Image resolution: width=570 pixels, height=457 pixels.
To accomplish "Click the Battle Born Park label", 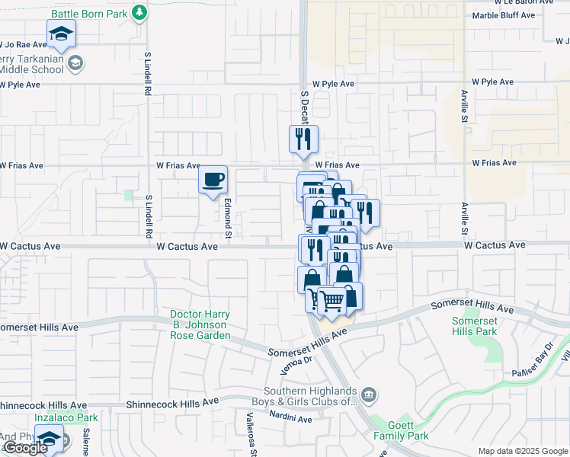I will click(88, 14).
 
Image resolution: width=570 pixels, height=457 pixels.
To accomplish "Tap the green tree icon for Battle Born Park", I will click(139, 13).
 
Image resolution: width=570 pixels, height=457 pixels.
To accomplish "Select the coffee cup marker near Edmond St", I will click(213, 180).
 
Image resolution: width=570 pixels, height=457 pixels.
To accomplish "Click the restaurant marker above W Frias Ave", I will click(303, 139).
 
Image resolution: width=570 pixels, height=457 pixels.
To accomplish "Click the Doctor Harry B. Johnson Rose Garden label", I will click(200, 324).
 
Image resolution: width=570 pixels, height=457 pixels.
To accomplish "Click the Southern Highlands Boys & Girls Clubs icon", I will click(369, 394).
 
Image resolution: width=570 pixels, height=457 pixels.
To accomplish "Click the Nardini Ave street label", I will click(290, 418).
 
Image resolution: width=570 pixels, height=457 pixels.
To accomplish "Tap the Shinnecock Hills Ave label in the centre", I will click(172, 401).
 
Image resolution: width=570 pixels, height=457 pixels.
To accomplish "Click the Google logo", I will click(24, 448).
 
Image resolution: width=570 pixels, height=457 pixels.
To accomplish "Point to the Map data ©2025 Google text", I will click(523, 451).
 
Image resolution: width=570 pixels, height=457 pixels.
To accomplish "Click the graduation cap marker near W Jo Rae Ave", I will click(61, 34).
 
